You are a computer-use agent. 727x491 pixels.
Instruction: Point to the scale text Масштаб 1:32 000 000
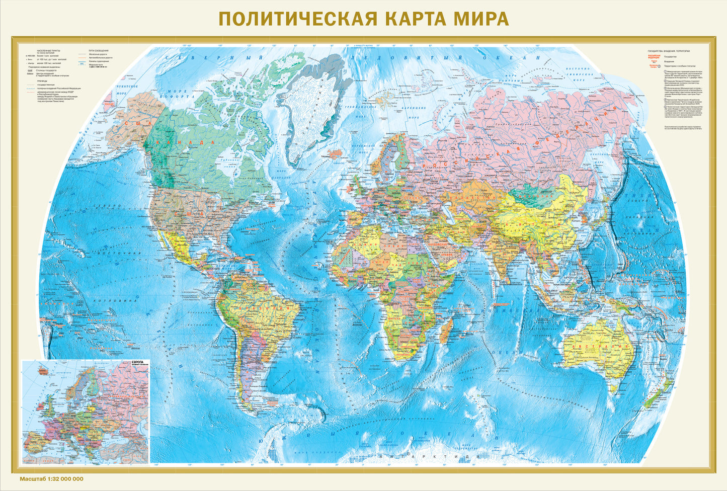tap(51, 479)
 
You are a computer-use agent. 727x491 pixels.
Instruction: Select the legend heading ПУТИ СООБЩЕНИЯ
tap(99, 51)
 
